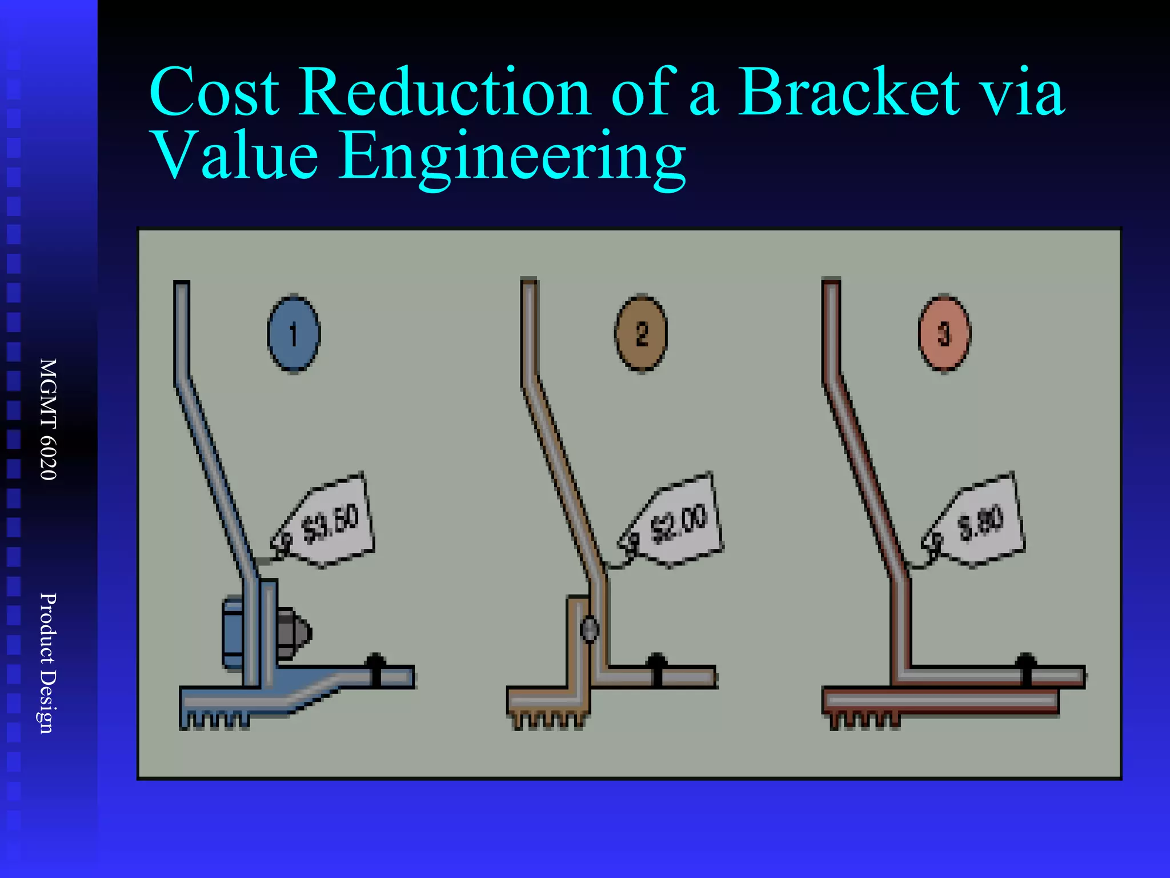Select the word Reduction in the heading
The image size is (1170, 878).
coord(444,93)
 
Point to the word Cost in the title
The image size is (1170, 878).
coord(215,93)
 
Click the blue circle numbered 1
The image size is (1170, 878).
coord(294,334)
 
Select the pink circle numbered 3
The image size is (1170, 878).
coord(944,334)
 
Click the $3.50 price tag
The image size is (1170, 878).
coord(328,522)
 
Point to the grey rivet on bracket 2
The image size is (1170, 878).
coord(589,629)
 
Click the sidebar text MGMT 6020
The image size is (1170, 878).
coord(49,420)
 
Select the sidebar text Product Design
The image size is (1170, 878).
coord(49,663)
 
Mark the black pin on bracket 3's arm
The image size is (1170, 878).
coord(1026,669)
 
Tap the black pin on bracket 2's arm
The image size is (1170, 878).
coord(657,669)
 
